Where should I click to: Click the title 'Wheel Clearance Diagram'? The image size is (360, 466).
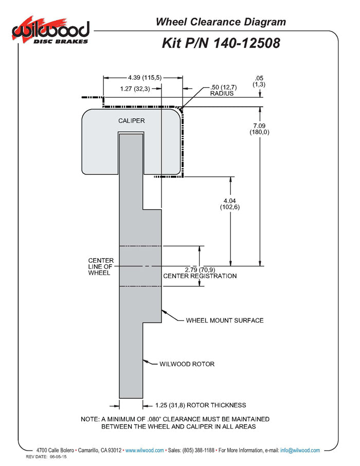(221, 22)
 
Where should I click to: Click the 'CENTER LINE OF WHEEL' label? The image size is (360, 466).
(101, 266)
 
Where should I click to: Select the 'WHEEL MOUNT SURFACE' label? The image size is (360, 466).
(225, 320)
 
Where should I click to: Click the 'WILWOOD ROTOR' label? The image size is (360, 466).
(187, 364)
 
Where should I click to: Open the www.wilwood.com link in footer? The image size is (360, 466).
(145, 450)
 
